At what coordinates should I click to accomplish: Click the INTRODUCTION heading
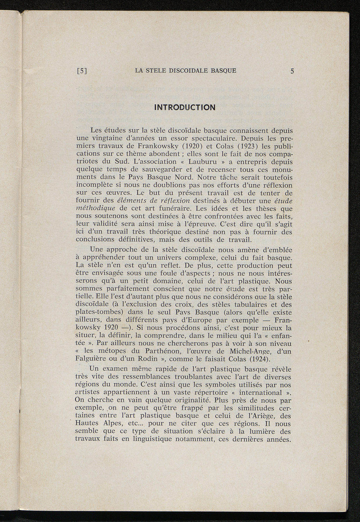[185, 107]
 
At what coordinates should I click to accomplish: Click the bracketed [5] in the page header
[82, 71]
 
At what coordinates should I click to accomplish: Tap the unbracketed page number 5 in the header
[292, 71]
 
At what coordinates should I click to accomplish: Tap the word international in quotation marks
[260, 392]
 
